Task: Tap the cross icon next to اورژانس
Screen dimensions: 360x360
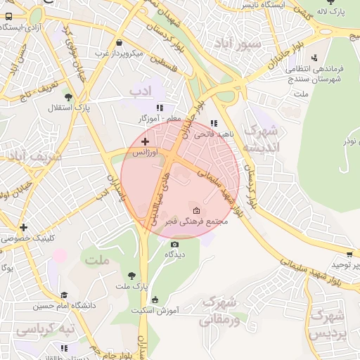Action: [146, 142]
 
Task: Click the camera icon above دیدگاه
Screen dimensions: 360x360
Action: [174, 244]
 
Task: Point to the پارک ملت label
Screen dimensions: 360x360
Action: [131, 286]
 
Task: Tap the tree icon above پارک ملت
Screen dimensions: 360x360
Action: [131, 276]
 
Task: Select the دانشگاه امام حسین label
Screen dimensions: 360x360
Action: [65, 306]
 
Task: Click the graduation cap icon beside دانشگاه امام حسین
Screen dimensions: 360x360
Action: [64, 295]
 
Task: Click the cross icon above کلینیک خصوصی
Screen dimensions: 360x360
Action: [24, 227]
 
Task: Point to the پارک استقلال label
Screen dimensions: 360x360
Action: [69, 108]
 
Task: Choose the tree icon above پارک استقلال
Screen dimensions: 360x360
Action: [68, 98]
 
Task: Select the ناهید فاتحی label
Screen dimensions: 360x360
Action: [214, 133]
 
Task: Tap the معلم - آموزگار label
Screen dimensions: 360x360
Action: [160, 119]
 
